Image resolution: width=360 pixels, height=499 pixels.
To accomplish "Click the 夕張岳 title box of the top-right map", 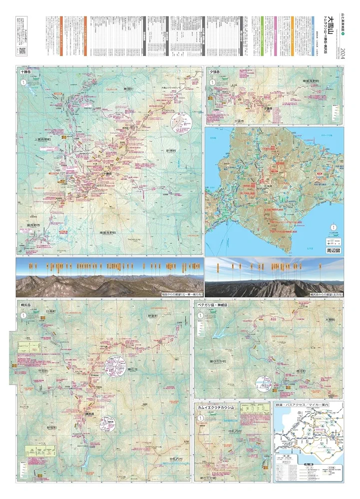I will click(215, 72).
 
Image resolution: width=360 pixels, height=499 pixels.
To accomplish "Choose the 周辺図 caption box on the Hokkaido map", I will click(332, 251).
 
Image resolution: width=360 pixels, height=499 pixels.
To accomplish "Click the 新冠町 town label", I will click(52, 428).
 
